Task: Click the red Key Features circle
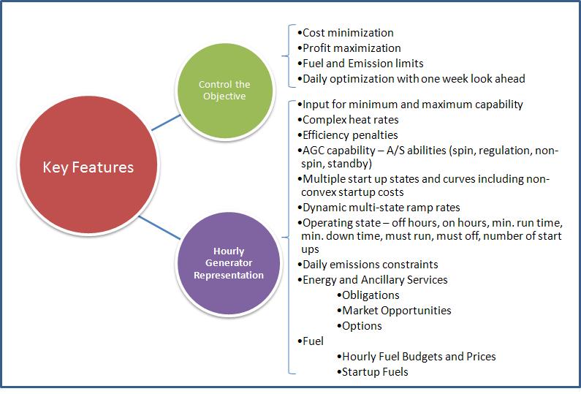pos(88,165)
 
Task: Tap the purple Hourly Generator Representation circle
pos(229,263)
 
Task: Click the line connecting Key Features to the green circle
pos(166,123)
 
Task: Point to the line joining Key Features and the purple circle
pos(160,227)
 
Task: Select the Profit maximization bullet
pos(349,48)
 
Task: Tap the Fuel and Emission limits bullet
pos(360,64)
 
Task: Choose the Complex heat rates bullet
pos(348,120)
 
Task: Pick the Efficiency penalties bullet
pos(348,135)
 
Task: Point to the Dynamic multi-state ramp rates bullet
pos(379,207)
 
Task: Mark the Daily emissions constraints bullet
pos(368,265)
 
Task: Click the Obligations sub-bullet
pos(368,295)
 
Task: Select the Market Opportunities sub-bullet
pos(394,310)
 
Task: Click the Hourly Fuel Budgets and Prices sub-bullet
pos(417,356)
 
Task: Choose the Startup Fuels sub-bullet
pos(373,372)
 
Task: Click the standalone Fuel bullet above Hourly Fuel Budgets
pos(311,341)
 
